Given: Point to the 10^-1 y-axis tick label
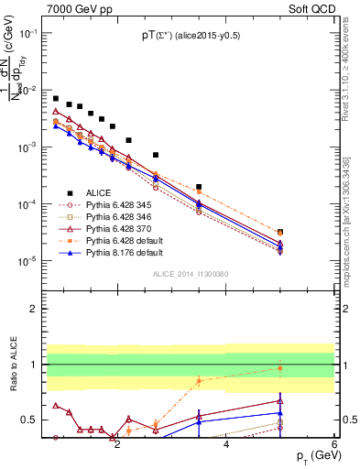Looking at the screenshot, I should click(x=28, y=33).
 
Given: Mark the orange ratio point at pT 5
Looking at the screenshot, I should click(x=280, y=368).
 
